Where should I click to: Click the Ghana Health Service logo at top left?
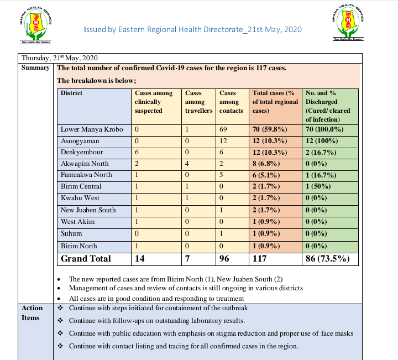[37, 23]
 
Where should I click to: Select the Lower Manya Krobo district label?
[88, 129]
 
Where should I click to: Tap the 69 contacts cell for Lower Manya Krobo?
[224, 129]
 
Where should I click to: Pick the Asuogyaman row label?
[80, 141]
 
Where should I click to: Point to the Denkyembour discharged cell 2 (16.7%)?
[323, 152]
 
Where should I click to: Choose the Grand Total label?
[86, 258]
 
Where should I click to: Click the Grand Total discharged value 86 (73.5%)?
[329, 258]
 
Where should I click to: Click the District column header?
[71, 93]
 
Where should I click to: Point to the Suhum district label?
[72, 233]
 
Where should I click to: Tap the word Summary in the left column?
[35, 68]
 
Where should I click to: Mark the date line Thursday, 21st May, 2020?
[60, 58]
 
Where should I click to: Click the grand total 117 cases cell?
[260, 258]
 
